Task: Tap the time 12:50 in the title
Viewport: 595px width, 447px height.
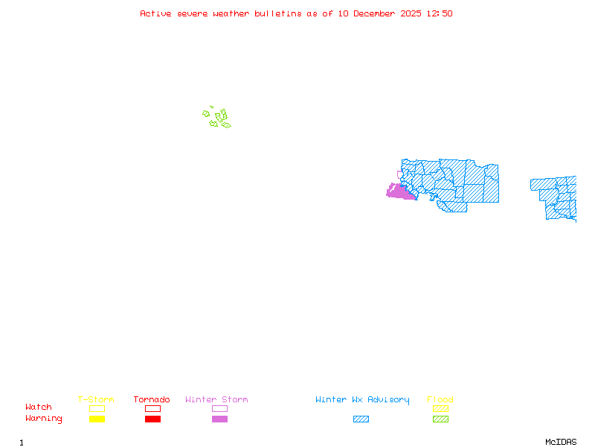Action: tap(439, 13)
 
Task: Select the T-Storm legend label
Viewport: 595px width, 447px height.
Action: tap(96, 399)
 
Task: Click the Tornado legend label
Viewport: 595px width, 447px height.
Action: tap(152, 399)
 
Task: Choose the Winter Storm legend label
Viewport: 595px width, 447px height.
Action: tap(216, 399)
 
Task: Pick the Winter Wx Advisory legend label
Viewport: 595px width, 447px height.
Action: tap(362, 399)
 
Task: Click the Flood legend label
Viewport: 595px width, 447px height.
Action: tap(440, 399)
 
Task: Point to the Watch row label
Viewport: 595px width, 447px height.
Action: tap(39, 408)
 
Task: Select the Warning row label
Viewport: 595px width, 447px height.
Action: tap(44, 419)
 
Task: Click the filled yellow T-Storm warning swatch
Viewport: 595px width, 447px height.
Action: tap(97, 419)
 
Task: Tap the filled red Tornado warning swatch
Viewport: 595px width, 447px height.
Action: tap(152, 419)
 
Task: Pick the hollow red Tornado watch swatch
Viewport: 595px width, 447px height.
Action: tap(152, 408)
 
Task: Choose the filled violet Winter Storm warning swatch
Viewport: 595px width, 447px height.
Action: tap(219, 419)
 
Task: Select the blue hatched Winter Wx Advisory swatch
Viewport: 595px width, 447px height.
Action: tap(361, 419)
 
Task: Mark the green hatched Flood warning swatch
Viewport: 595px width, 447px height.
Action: tap(440, 419)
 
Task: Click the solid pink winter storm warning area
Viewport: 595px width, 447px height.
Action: tap(400, 192)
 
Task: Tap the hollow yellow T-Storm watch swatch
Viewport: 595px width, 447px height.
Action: tap(97, 408)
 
